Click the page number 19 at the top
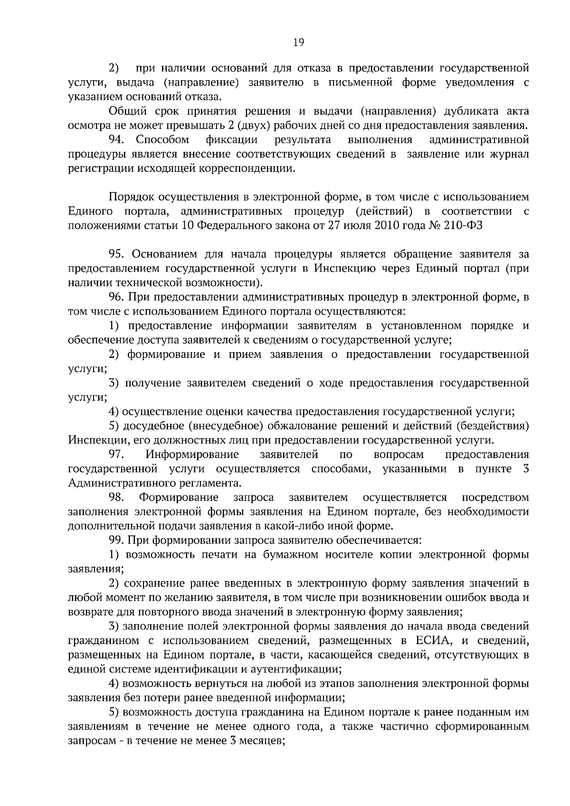(x=298, y=43)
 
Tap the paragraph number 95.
(x=117, y=254)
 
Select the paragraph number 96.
(x=116, y=298)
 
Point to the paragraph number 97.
(x=116, y=455)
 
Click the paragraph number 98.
(x=116, y=497)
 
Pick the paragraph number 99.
(x=116, y=540)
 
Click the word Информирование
(x=192, y=455)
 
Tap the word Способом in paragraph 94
(x=162, y=140)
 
